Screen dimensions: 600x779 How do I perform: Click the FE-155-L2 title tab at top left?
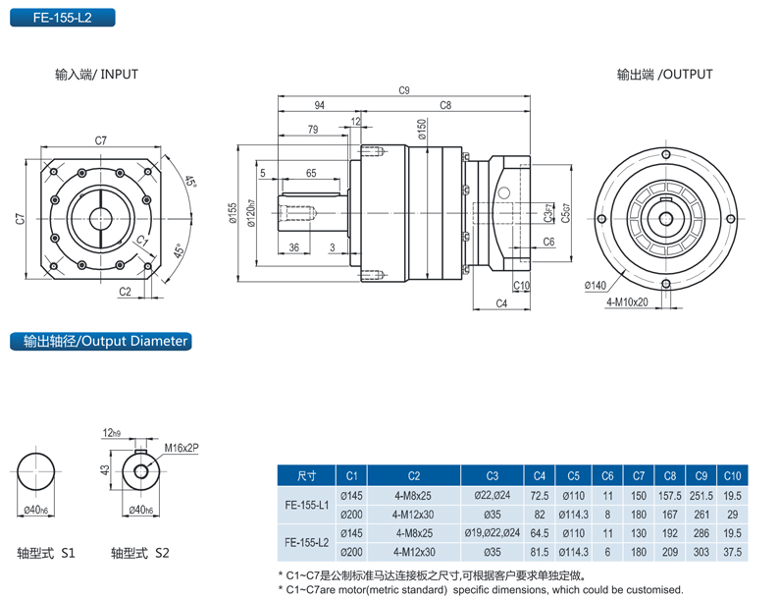(x=61, y=17)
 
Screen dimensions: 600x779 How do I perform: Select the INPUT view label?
(x=96, y=74)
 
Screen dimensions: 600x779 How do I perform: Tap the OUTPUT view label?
(x=664, y=74)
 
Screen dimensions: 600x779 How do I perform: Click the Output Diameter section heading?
(x=98, y=341)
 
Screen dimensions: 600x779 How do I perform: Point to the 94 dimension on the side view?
(x=319, y=104)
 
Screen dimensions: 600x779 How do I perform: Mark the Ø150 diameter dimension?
(x=421, y=128)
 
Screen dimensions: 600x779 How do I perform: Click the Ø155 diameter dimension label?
(x=233, y=213)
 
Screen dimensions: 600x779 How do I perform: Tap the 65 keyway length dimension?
(x=310, y=173)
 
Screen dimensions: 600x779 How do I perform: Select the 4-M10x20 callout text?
(x=627, y=301)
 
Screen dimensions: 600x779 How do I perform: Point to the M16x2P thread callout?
(x=182, y=446)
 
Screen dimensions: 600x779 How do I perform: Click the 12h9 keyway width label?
(x=110, y=432)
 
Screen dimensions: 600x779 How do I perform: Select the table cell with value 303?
(x=700, y=553)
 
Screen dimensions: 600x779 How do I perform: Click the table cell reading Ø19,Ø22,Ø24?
(x=496, y=534)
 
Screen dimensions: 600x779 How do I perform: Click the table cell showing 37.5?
(x=732, y=553)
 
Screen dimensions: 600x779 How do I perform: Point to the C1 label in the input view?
(x=141, y=241)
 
